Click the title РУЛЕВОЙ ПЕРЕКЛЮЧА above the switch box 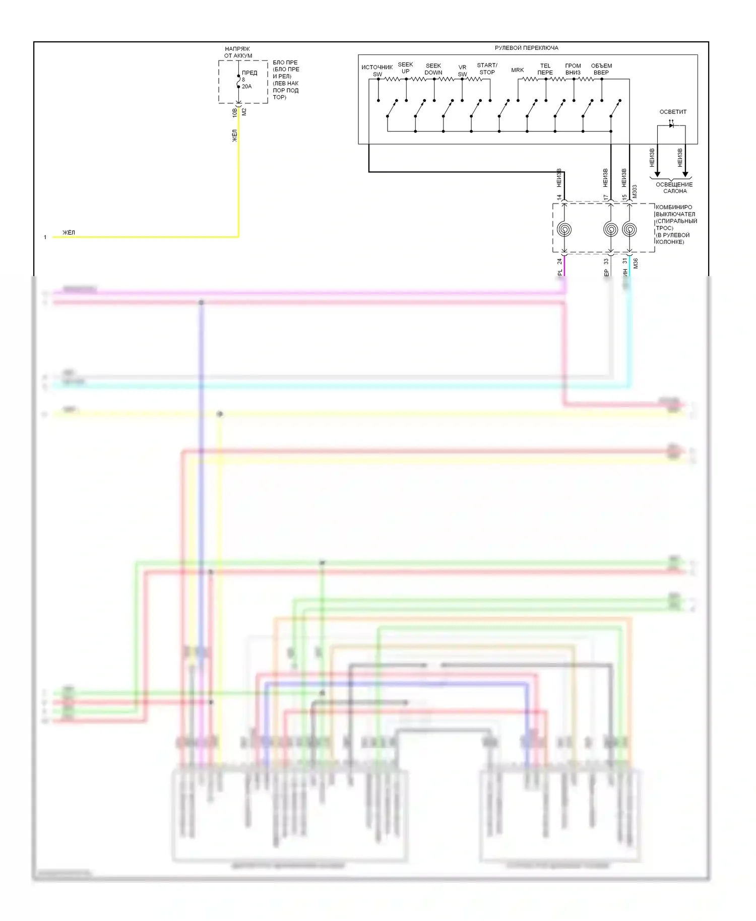(526, 48)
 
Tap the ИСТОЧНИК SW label (377, 71)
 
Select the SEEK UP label (405, 68)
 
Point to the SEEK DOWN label (433, 69)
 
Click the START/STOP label (487, 69)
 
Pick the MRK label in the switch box (517, 70)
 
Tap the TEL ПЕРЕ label (545, 69)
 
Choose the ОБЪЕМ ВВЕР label (601, 69)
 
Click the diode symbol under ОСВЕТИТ (671, 124)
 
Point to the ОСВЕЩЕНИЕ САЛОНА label (674, 188)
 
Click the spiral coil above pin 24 (564, 230)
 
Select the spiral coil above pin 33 (611, 230)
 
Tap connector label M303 (635, 191)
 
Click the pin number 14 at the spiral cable (559, 198)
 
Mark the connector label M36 (636, 263)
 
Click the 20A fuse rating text (246, 87)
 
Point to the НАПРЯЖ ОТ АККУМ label (238, 52)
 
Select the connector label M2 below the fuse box (244, 112)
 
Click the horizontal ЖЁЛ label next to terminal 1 (69, 232)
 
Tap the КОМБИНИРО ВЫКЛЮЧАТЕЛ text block (676, 224)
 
